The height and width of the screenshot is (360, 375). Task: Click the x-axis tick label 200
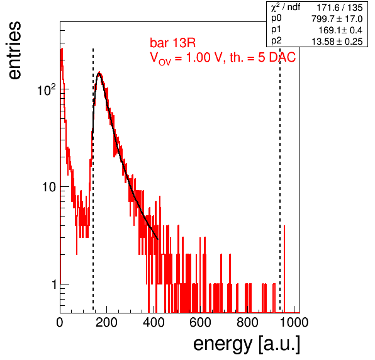click(x=106, y=322)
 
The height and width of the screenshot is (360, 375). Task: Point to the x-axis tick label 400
click(x=154, y=322)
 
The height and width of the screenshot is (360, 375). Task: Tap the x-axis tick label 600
click(x=201, y=322)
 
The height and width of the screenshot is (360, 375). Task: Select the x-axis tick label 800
click(x=247, y=322)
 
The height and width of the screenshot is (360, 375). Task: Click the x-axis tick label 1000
click(x=294, y=322)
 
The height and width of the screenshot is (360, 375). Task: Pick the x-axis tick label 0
click(x=60, y=322)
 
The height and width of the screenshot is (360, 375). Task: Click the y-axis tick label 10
click(x=49, y=187)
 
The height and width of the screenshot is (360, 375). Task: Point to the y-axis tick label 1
click(x=54, y=284)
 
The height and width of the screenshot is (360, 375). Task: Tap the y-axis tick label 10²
click(x=47, y=90)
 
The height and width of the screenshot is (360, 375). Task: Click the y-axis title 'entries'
click(x=15, y=50)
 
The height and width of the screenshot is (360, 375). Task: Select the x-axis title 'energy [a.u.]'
click(x=247, y=344)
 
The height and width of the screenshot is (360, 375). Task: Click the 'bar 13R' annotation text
click(x=172, y=43)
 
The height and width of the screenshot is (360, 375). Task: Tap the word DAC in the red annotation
click(x=283, y=57)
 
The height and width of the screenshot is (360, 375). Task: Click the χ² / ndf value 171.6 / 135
click(x=340, y=8)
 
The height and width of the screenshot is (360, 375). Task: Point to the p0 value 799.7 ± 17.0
click(x=337, y=19)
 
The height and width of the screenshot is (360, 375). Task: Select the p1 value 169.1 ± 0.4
click(x=340, y=30)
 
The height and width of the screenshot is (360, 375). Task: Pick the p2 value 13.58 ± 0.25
click(x=337, y=42)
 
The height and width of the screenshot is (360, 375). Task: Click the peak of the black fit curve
click(x=99, y=74)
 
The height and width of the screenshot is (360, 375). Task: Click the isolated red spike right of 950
click(x=284, y=269)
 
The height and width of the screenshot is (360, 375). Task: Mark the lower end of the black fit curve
click(x=158, y=239)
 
